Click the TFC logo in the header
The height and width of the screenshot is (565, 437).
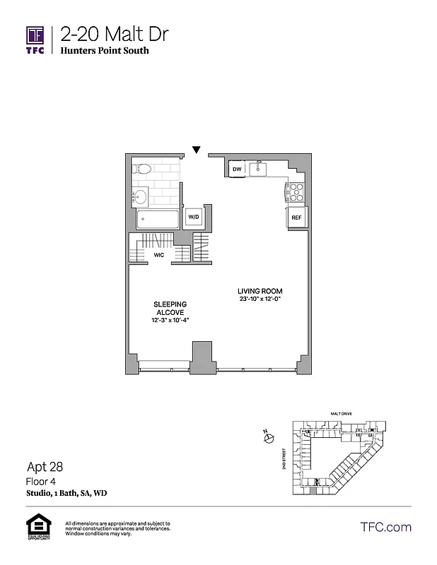pyautogui.click(x=35, y=39)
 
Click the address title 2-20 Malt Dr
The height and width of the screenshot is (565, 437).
pyautogui.click(x=115, y=34)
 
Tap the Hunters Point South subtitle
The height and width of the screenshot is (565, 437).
pyautogui.click(x=105, y=52)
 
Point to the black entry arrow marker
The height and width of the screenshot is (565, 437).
pyautogui.click(x=197, y=149)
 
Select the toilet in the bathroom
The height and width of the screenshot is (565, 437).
pyautogui.click(x=141, y=169)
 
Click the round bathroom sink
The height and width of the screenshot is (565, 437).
pyautogui.click(x=139, y=196)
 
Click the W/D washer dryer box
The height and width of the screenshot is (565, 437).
pyautogui.click(x=193, y=217)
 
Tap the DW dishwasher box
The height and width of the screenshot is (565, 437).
pyautogui.click(x=237, y=169)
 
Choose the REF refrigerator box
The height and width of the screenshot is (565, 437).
pyautogui.click(x=296, y=218)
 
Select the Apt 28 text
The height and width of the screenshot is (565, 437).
pyautogui.click(x=44, y=467)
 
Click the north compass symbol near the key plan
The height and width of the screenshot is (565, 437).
pyautogui.click(x=268, y=439)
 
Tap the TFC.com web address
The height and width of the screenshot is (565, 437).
pyautogui.click(x=385, y=527)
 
